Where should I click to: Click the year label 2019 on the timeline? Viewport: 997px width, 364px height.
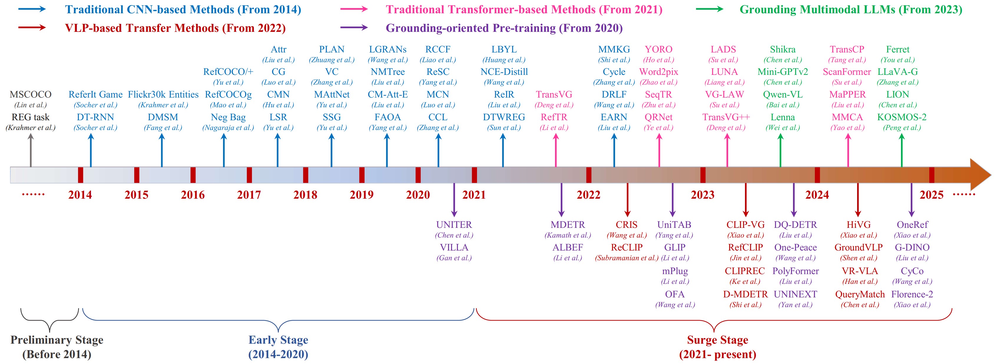[x=362, y=195]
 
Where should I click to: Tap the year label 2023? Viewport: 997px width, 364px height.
[x=703, y=195]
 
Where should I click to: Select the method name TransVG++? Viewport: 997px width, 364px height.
[x=726, y=117]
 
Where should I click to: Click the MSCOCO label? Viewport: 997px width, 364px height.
[x=31, y=95]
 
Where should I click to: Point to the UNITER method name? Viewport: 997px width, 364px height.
[x=454, y=225]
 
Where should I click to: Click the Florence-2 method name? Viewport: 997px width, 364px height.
[x=912, y=294]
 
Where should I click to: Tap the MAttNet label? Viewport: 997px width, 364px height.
[x=332, y=95]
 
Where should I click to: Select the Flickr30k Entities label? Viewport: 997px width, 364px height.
[x=163, y=95]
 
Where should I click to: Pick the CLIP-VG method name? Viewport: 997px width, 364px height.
[x=746, y=225]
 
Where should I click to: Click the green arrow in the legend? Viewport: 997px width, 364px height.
[x=709, y=9]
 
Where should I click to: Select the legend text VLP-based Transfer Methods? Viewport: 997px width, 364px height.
[x=175, y=28]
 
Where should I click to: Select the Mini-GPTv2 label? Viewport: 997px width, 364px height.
[x=783, y=72]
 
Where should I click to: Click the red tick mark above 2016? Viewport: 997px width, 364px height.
[x=193, y=175]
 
